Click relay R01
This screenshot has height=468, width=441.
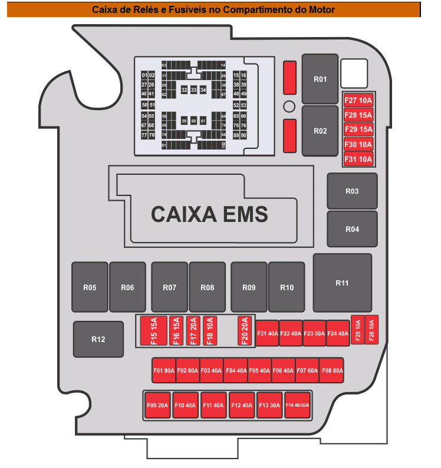(x=320, y=79)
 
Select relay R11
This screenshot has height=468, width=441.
(x=342, y=283)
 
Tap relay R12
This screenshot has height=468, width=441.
(x=98, y=339)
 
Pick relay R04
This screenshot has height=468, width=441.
(x=352, y=229)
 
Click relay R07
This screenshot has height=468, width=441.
(x=169, y=287)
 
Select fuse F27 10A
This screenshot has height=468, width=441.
(x=358, y=100)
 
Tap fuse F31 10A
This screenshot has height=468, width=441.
(x=358, y=159)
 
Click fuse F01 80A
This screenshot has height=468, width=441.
(x=164, y=371)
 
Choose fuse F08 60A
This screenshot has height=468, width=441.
(x=332, y=371)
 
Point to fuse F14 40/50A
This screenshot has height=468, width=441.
(x=297, y=405)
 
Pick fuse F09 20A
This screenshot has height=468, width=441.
(x=157, y=405)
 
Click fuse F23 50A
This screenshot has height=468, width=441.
(x=314, y=333)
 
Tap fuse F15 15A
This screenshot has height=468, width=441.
(x=154, y=330)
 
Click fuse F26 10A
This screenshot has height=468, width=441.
(x=371, y=329)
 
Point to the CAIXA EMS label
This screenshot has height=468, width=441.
(x=209, y=214)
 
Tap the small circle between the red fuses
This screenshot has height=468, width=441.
(x=289, y=107)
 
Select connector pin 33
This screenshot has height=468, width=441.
(x=193, y=90)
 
